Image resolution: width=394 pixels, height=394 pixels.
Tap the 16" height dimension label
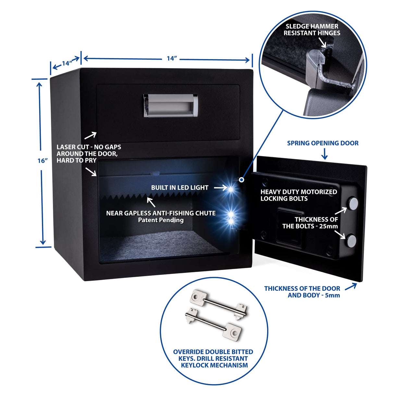(43, 161)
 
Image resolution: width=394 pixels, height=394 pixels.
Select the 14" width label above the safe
(171, 58)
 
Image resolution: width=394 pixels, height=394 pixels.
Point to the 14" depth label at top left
(67, 63)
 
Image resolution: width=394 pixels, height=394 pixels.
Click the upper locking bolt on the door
(353, 203)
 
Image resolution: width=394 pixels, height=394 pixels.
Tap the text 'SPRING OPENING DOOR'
(323, 143)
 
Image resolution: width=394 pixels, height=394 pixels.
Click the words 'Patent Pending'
(161, 220)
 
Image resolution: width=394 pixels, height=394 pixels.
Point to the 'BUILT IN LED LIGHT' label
(179, 188)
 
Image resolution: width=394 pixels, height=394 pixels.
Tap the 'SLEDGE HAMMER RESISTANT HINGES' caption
(312, 30)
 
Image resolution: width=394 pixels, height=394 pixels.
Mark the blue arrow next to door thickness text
(351, 287)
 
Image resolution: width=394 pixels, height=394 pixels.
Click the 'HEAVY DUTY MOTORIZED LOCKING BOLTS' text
(298, 195)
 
